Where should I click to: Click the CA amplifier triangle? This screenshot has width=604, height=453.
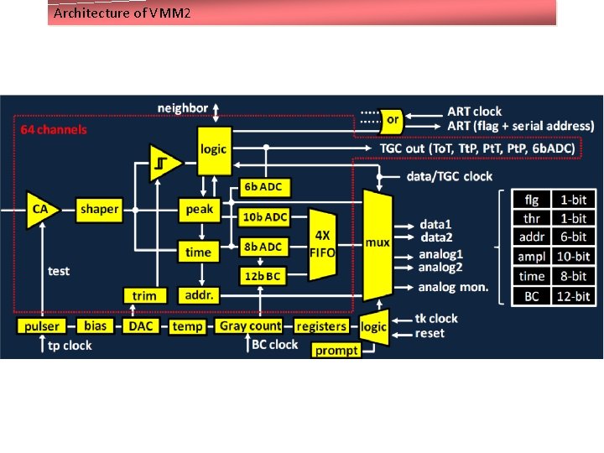click(38, 209)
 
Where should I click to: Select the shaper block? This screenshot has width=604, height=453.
click(99, 209)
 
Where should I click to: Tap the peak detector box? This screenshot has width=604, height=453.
click(200, 209)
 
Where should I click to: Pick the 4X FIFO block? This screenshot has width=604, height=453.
click(322, 244)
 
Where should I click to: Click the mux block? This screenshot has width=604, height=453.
click(377, 243)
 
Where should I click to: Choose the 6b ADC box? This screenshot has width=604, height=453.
click(263, 186)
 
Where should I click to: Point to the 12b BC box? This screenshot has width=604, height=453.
click(263, 275)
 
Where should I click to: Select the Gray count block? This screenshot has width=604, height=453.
click(250, 325)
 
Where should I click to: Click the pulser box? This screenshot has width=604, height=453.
click(42, 326)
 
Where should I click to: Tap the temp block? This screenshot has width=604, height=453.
click(187, 326)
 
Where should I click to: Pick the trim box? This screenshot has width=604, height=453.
click(144, 295)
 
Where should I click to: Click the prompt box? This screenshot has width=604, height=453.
click(336, 350)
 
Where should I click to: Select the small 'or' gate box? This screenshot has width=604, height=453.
click(392, 120)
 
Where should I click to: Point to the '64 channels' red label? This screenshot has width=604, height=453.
click(54, 130)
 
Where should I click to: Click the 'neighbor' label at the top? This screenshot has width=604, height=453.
click(183, 108)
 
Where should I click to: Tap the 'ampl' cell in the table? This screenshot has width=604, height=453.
click(531, 257)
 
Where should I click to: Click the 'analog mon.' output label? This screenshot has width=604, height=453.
click(455, 287)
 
